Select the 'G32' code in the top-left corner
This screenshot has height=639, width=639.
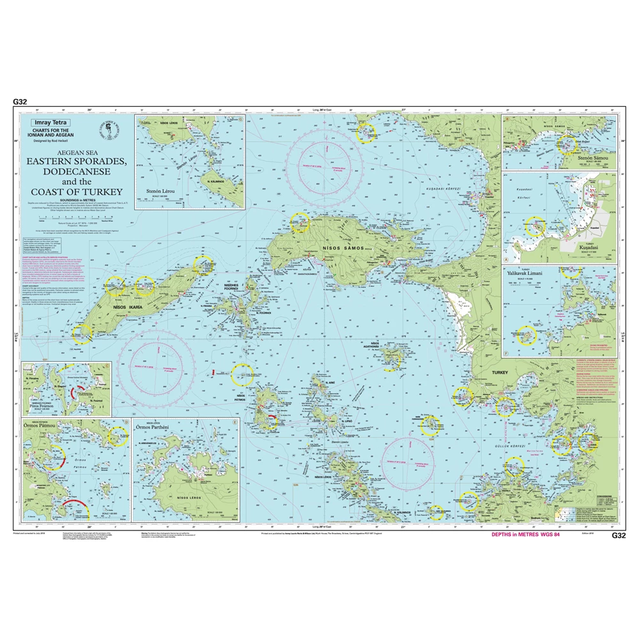(19, 101)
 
